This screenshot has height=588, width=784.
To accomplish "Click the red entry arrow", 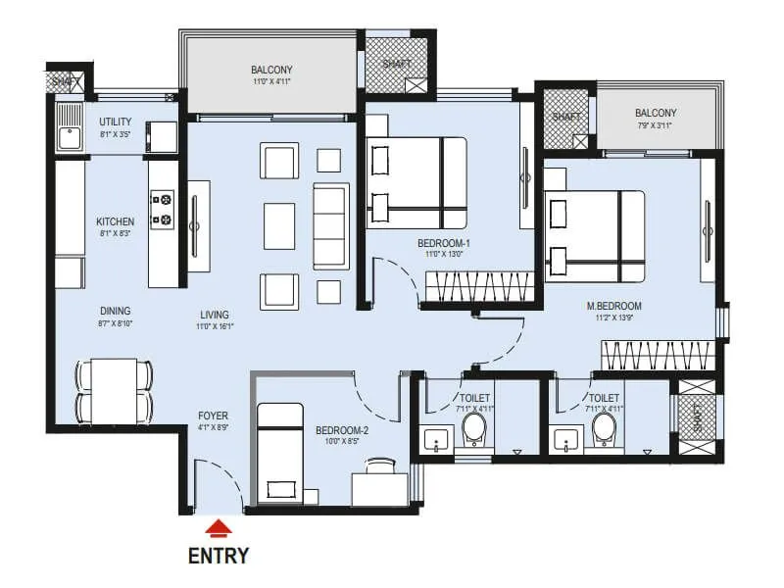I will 220,529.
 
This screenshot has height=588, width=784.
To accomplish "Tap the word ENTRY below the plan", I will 218,556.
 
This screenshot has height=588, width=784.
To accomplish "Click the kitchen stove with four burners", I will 162,208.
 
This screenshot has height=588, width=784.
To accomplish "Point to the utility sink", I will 69,134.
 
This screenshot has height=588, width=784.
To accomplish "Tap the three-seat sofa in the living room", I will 330,225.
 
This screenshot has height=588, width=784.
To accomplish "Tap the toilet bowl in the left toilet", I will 473,427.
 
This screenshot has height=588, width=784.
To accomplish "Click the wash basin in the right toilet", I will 565,442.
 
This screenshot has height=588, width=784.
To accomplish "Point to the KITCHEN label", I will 115,220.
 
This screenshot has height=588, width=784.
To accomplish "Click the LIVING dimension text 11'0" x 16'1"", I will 214,326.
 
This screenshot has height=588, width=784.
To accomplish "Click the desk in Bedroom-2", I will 379,484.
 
